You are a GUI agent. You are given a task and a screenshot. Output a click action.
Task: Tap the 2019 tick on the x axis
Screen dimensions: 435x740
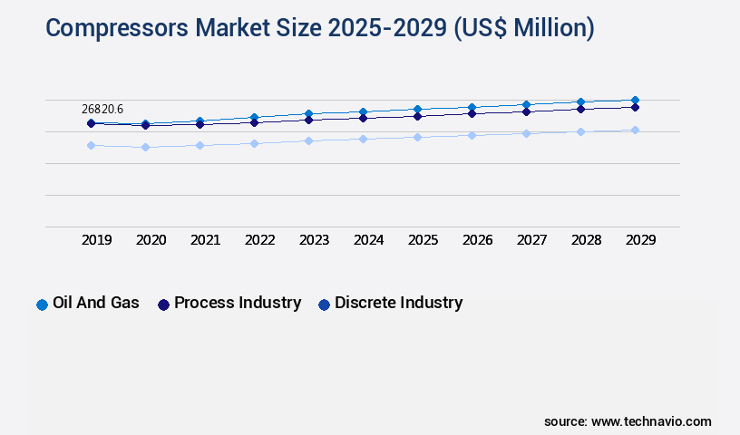[96, 240]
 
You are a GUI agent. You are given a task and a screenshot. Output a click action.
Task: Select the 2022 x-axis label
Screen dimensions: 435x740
[259, 240]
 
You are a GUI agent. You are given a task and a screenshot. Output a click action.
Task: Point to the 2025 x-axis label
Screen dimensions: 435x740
[423, 240]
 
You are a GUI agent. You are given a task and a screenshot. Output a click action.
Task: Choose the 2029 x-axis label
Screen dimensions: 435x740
[640, 240]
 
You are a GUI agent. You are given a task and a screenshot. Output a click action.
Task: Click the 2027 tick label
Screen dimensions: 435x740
[531, 240]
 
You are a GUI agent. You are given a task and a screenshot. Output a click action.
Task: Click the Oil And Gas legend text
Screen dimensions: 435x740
[96, 303]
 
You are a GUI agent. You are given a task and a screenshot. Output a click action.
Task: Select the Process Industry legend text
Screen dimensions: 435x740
[238, 303]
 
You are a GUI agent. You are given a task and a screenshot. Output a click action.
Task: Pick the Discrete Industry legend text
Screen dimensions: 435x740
[398, 303]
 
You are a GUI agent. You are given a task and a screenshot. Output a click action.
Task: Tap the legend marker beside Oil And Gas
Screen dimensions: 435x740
[42, 304]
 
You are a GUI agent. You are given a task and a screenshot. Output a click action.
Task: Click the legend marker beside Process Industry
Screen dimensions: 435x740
[163, 304]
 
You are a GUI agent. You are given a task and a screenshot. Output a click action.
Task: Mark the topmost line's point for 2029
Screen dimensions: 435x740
[635, 100]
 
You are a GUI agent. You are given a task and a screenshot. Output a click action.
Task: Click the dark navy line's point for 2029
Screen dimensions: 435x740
[635, 107]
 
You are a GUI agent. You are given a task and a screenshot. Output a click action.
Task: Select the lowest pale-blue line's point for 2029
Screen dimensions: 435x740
[635, 130]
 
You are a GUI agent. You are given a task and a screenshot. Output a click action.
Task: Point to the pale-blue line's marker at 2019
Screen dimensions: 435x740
[91, 145]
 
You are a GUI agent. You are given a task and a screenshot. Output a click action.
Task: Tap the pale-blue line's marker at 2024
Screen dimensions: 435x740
[363, 139]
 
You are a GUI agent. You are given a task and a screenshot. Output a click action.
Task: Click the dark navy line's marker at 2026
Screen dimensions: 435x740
[472, 113]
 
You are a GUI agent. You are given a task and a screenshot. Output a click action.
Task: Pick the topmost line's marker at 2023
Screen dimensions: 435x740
[308, 113]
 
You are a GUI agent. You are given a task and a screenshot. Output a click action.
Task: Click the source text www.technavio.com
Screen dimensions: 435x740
[651, 421]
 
